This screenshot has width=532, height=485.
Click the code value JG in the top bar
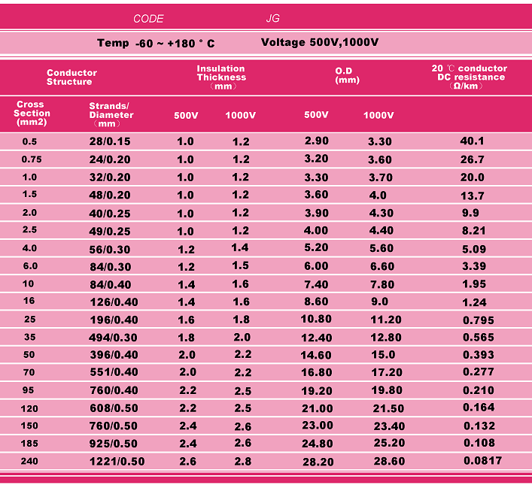click(x=272, y=19)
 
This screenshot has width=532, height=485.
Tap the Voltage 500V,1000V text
click(x=320, y=42)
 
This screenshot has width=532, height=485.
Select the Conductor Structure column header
click(x=71, y=77)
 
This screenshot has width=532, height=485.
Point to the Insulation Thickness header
click(x=221, y=77)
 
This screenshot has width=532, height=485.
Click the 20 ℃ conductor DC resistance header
click(x=469, y=77)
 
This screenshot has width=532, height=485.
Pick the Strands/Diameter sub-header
click(x=111, y=114)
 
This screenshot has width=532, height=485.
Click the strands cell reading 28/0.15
click(x=109, y=141)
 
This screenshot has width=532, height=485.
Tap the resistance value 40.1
click(x=472, y=141)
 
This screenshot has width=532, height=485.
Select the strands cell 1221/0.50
click(x=117, y=462)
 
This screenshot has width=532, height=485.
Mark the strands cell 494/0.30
click(x=113, y=338)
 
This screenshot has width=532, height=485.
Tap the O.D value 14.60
click(x=316, y=356)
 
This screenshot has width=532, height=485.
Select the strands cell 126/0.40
click(x=113, y=302)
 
